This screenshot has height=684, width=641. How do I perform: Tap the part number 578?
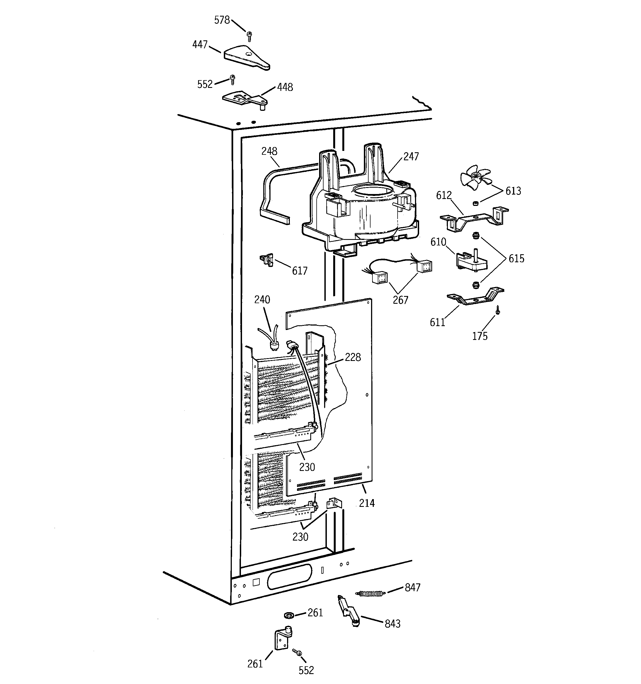222,20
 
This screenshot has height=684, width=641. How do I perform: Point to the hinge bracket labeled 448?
245,100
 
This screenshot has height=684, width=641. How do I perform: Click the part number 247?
411,156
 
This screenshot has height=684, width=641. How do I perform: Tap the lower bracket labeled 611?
474,297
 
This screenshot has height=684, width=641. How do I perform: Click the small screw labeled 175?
498,311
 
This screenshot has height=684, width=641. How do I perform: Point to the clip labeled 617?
267,260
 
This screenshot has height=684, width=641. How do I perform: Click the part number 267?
401,300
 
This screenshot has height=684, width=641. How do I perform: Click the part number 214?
367,503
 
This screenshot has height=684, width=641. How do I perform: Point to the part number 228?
353,357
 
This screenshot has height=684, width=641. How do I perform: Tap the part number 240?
262,300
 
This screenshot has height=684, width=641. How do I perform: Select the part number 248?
269,151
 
